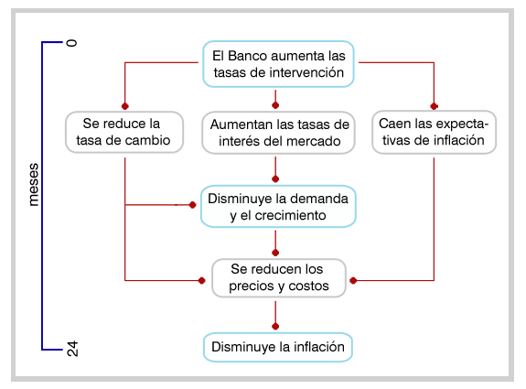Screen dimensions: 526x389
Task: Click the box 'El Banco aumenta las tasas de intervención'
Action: pyautogui.click(x=278, y=64)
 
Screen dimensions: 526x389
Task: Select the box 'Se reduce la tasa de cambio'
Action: pyautogui.click(x=124, y=132)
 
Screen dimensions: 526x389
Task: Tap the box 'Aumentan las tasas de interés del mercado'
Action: pyautogui.click(x=278, y=133)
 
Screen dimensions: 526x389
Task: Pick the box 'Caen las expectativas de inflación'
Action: pyautogui.click(x=435, y=132)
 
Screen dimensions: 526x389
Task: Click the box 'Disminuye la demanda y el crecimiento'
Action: pyautogui.click(x=278, y=207)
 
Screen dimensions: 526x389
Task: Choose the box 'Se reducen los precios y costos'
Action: pyautogui.click(x=279, y=278)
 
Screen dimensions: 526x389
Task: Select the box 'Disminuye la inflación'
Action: pyautogui.click(x=278, y=348)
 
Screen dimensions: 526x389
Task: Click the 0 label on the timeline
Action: pyautogui.click(x=71, y=43)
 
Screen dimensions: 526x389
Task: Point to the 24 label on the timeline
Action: pyautogui.click(x=72, y=349)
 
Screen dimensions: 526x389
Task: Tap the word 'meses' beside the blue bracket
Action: pyautogui.click(x=34, y=185)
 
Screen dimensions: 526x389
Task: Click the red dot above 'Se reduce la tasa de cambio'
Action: pyautogui.click(x=125, y=106)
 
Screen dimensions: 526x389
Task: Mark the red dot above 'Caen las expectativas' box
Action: pyautogui.click(x=434, y=106)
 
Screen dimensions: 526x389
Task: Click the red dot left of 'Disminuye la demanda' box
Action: pyautogui.click(x=192, y=205)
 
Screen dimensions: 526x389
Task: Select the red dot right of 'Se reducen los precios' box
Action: pyautogui.click(x=353, y=280)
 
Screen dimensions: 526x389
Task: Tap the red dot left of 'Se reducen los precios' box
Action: pyautogui.click(x=201, y=280)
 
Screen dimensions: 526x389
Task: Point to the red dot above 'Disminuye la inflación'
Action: pyautogui.click(x=275, y=326)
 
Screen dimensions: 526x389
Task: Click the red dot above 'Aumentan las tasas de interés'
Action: pyautogui.click(x=275, y=105)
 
